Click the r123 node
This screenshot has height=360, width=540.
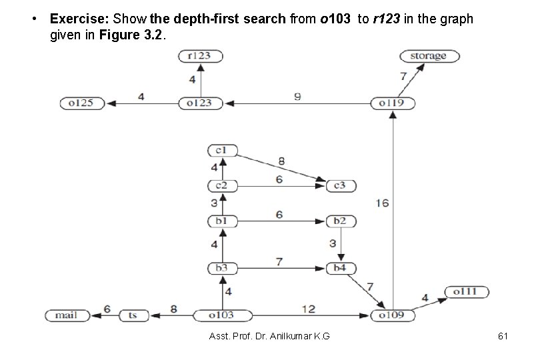(200, 57)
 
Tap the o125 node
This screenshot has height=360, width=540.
(81, 103)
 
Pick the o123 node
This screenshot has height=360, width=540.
(200, 103)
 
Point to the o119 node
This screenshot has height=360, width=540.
(393, 103)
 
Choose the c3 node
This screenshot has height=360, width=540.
(339, 185)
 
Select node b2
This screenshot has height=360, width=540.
(340, 221)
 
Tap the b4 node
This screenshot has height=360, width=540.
(340, 269)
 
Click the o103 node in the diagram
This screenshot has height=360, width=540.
(213, 315)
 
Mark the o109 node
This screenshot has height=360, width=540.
(393, 315)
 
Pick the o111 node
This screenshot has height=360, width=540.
(467, 291)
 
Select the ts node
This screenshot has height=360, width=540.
(133, 315)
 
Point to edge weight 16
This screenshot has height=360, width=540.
(382, 203)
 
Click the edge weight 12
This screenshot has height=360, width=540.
(308, 308)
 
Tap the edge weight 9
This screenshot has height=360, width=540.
(297, 97)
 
